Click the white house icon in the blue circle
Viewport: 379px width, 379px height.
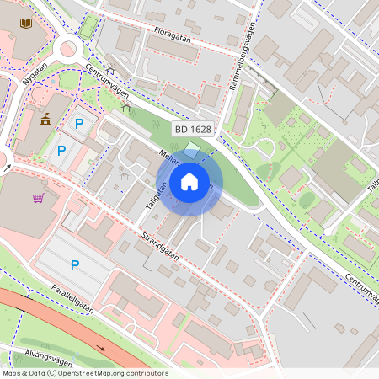(x=189, y=182)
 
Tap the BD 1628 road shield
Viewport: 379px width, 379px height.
(x=194, y=129)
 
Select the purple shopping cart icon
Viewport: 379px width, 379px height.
(x=38, y=199)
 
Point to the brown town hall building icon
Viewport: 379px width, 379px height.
(x=45, y=119)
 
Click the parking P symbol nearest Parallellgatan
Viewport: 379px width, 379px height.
(x=75, y=265)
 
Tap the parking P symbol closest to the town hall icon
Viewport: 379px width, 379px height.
(x=79, y=124)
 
